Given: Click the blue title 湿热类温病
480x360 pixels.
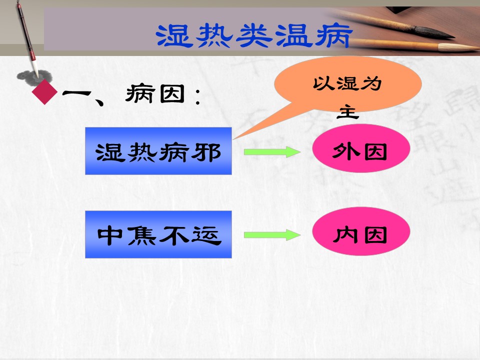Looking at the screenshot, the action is [254, 36].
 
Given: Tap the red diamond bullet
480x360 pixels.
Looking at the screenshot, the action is [44, 92].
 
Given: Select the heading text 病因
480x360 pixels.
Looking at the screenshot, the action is [155, 93].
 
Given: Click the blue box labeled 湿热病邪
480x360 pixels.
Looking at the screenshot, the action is [158, 151].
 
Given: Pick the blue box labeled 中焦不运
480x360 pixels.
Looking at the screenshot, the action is [158, 234].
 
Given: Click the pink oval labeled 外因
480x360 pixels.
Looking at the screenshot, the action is [361, 148].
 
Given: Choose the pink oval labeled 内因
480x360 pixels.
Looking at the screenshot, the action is [361, 231].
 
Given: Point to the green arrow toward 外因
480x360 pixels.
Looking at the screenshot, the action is [272, 152].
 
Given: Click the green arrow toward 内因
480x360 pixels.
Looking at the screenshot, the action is [272, 235].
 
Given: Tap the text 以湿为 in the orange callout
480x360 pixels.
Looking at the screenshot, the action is [347, 83].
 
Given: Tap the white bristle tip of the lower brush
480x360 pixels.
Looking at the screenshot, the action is [458, 47].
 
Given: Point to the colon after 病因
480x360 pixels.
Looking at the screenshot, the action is [198, 96].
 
